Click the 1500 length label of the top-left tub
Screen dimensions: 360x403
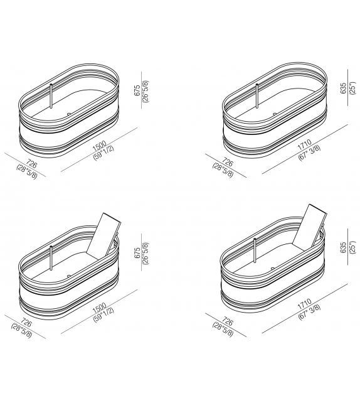(99, 146)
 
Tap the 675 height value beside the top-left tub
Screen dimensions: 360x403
(137, 91)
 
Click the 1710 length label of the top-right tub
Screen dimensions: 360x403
(305, 144)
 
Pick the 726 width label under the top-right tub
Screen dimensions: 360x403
(227, 163)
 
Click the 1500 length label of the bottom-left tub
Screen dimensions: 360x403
(99, 308)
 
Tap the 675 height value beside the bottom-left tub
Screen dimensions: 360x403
(137, 253)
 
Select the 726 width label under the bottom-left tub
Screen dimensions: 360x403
(26, 323)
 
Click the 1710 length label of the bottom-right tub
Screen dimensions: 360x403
(305, 304)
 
